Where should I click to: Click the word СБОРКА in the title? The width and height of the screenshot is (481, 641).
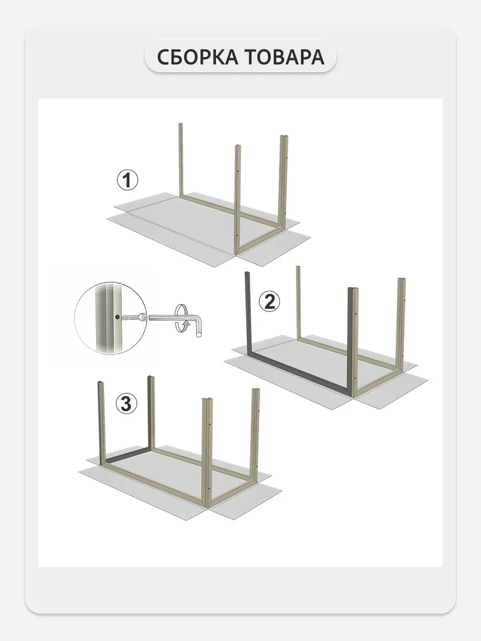[197, 57]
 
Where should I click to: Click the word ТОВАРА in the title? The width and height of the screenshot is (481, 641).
[285, 57]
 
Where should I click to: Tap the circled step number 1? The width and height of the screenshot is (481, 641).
[128, 180]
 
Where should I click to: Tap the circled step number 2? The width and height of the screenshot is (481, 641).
[269, 301]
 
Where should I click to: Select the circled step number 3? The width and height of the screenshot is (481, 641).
[126, 404]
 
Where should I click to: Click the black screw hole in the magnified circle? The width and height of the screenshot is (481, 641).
[117, 317]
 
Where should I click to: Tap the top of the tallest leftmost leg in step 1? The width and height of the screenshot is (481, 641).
[181, 124]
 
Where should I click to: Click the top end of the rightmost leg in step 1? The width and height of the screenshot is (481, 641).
[284, 136]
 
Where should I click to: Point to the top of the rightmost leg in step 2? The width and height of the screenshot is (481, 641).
[402, 279]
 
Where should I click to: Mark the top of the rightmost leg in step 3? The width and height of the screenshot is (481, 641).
[255, 390]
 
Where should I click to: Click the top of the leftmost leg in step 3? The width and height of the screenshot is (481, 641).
[100, 383]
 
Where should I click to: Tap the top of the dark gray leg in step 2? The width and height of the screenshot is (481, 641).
[247, 273]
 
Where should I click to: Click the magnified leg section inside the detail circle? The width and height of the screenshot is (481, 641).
[108, 318]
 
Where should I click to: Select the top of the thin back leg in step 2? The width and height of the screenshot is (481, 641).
[298, 267]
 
